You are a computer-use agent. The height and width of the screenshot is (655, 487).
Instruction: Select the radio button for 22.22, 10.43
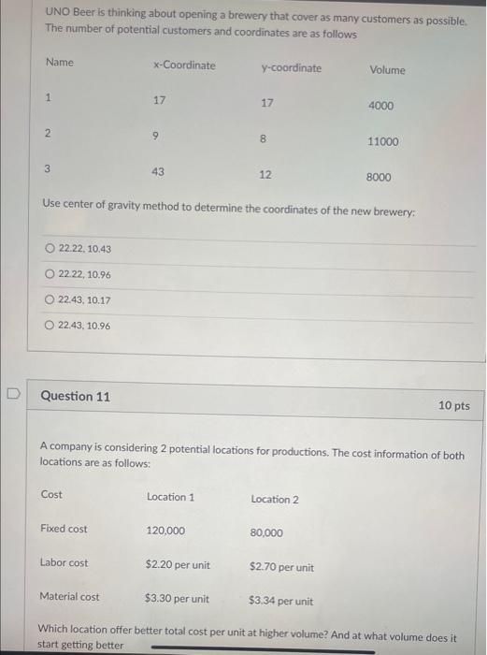point(50,248)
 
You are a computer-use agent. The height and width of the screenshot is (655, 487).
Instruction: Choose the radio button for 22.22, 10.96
point(50,274)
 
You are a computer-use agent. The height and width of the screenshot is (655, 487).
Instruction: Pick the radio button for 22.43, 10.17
point(50,299)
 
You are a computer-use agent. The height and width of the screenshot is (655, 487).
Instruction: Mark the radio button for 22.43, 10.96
point(50,325)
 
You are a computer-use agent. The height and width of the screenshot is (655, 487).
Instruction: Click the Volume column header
point(387,70)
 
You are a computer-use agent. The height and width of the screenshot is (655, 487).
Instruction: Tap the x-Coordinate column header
point(183,65)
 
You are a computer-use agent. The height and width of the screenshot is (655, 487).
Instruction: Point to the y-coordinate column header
point(291,68)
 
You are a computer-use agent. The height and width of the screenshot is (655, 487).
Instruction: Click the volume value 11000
point(382,141)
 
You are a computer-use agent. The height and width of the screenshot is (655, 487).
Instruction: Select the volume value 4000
point(380,106)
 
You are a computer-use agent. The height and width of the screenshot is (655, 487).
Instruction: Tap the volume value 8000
point(379,177)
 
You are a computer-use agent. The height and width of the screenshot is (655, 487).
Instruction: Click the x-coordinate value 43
point(158,172)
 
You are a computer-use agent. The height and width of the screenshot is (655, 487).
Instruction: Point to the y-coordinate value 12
point(265,175)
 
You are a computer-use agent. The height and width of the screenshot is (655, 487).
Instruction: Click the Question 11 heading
point(75,397)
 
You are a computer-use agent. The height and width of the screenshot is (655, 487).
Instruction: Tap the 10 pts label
point(453,406)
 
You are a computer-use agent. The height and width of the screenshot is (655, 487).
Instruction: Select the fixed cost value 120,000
point(165,531)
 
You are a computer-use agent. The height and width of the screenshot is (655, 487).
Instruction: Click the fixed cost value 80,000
point(266,533)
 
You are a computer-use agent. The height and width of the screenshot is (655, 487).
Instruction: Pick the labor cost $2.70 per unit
point(281,567)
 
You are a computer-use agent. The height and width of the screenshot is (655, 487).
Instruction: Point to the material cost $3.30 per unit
point(177,599)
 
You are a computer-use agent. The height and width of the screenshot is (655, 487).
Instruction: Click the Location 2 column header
point(275,499)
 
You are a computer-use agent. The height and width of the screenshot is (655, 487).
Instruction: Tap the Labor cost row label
point(64,563)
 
